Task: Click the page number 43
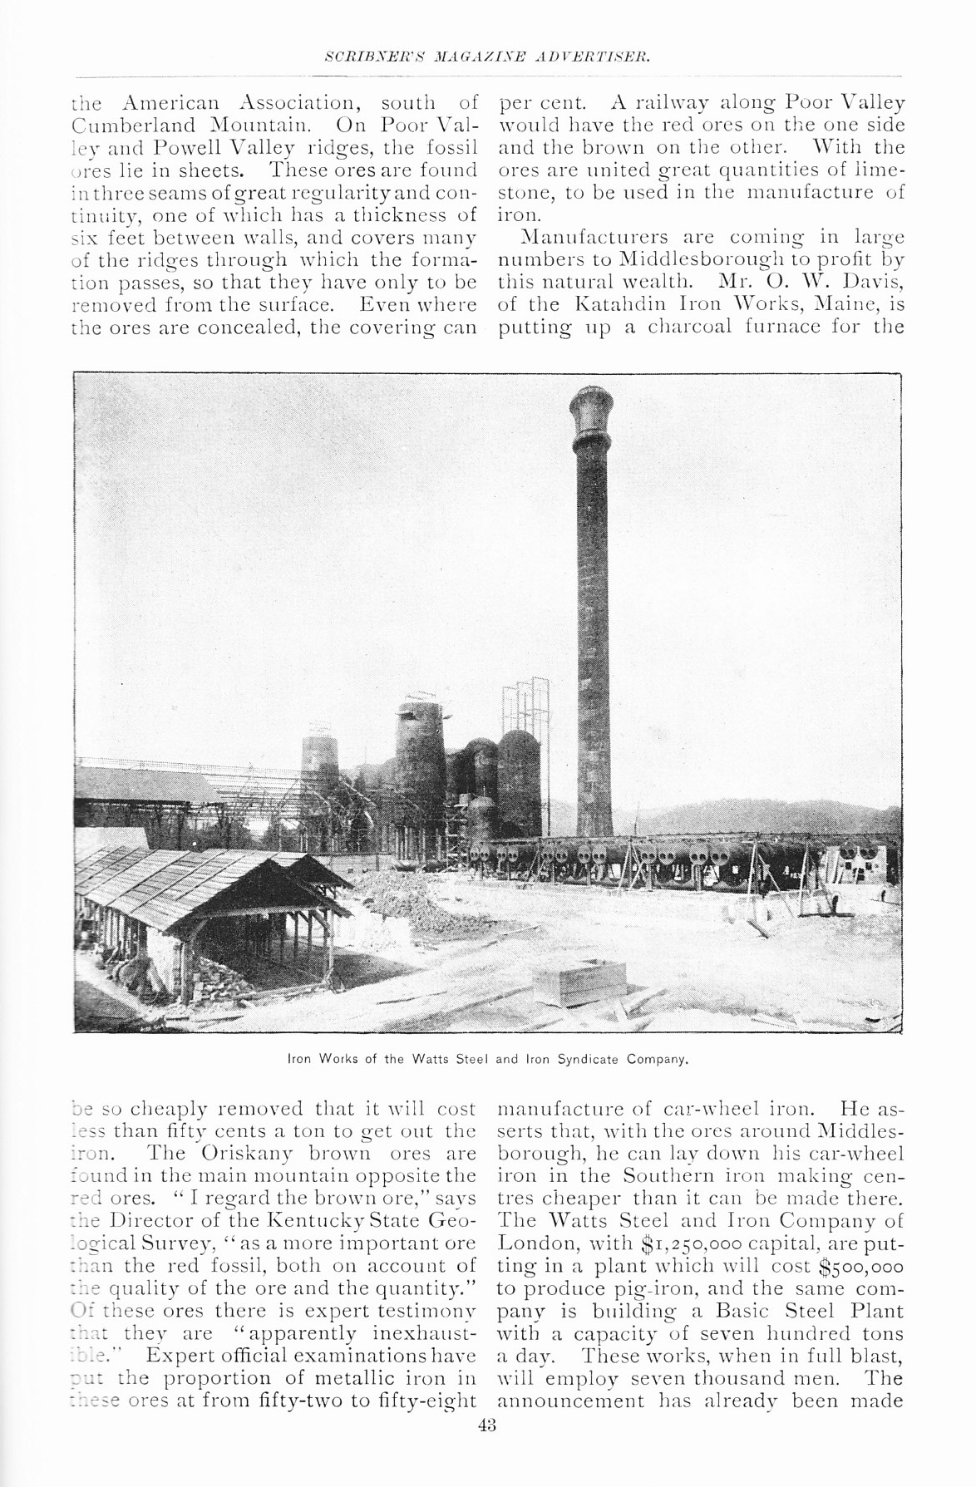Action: click(487, 1425)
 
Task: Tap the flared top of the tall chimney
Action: click(592, 408)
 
